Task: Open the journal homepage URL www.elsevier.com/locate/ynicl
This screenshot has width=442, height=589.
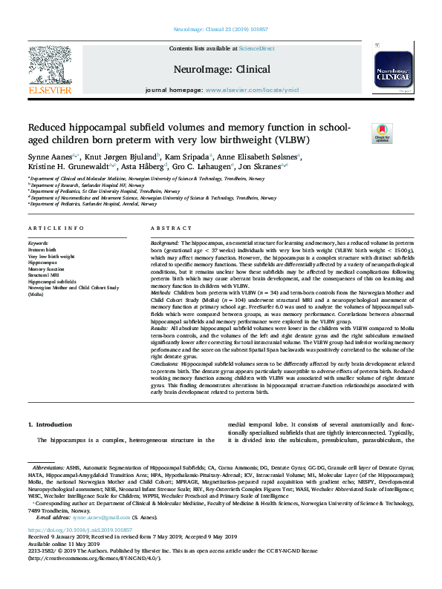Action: point(246,90)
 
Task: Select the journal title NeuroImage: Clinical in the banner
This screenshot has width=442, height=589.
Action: point(222,69)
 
